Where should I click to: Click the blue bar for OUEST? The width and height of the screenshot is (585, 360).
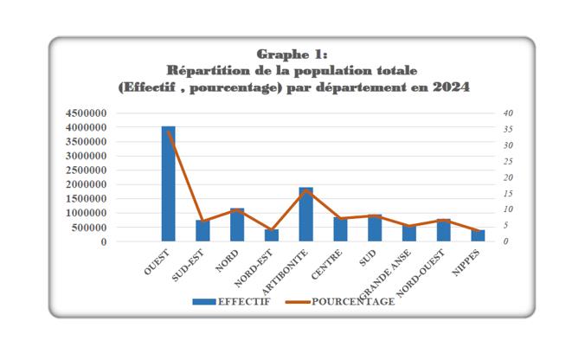[168, 184]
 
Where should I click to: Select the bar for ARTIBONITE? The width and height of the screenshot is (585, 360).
[305, 215]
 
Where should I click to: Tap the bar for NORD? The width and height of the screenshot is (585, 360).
[237, 225]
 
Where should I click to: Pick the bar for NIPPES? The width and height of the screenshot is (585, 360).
[478, 235]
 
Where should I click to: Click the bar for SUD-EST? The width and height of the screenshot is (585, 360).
[202, 231]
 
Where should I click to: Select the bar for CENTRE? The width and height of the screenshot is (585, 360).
[340, 229]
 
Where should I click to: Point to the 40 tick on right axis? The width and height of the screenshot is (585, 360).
[508, 113]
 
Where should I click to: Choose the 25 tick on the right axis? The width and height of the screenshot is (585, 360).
[508, 162]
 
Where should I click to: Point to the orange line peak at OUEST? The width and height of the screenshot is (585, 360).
[168, 131]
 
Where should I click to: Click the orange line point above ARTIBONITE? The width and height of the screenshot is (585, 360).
[305, 190]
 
